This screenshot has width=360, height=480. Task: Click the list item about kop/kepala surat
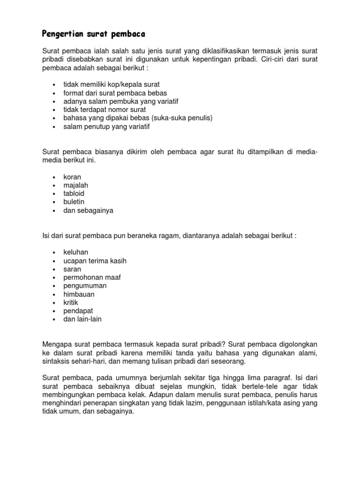point(112,84)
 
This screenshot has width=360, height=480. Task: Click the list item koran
point(72,177)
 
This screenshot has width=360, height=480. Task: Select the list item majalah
point(76,186)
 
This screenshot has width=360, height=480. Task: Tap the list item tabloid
point(74,194)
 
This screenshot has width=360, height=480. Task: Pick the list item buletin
point(74,202)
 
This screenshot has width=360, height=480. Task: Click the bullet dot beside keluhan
point(54,253)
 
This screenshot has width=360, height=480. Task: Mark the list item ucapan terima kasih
point(95,261)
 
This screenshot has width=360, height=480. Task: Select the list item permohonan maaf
point(92,277)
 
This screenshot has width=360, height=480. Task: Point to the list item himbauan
point(79,294)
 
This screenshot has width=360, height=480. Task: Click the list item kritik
point(71,303)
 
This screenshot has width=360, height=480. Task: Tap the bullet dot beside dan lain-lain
point(54,320)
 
